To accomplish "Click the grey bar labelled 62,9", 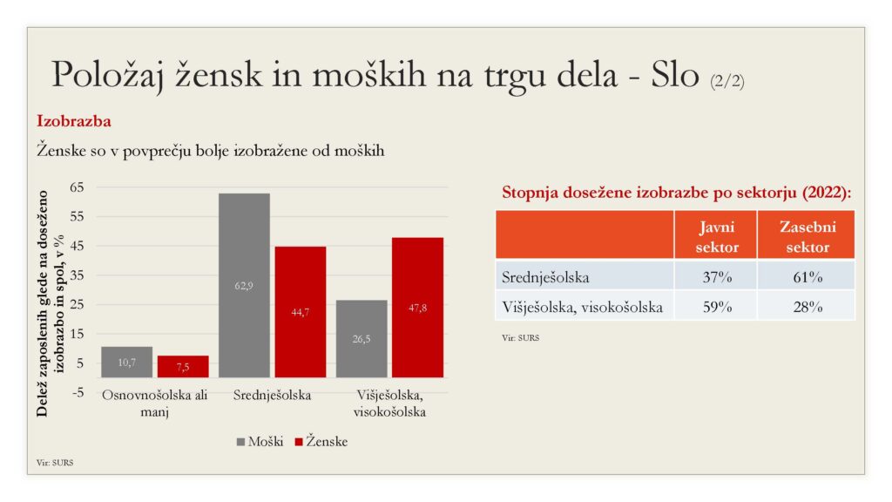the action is point(244,285).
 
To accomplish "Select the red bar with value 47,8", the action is point(417,308).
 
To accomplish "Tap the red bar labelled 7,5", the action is point(183,367).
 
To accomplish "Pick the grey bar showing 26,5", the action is point(362,339).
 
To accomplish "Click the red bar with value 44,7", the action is point(301,312).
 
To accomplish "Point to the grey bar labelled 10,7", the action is point(127,362).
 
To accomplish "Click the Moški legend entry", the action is point(260,442).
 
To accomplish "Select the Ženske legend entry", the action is point(321,441).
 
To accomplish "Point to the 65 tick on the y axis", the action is point(77,187).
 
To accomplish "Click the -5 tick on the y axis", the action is point(78,392).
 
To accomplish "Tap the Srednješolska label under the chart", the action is point(272,395).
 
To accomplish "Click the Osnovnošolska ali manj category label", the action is point(155,403).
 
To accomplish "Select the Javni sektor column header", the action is point(716,236).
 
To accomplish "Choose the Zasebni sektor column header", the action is point(808,236).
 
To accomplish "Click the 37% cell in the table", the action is point(717,277).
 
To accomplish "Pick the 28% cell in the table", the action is point(808,307).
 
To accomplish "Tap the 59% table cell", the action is point(717,307).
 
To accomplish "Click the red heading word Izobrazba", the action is point(74,121).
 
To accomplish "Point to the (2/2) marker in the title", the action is point(727,81).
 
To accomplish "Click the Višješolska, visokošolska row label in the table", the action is point(582,308).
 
